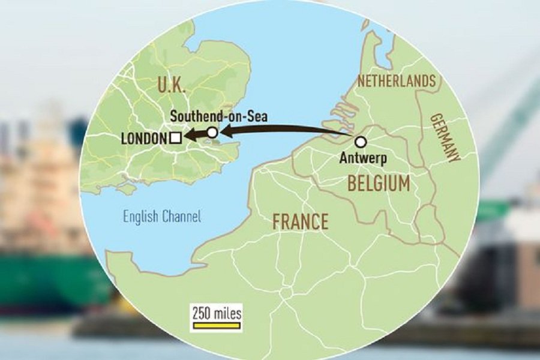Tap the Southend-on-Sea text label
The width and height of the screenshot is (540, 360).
[218, 115]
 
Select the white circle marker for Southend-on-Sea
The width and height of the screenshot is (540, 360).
[212, 133]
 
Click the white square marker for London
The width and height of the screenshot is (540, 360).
[175, 139]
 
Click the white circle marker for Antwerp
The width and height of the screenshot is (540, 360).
[361, 142]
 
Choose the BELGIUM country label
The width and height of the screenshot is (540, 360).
[379, 184]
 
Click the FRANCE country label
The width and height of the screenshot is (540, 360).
[300, 222]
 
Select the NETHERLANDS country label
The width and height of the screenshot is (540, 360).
[396, 82]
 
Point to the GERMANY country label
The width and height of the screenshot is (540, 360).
[445, 137]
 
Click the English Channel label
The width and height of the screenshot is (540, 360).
[162, 216]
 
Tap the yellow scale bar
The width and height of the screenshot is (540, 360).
[215, 326]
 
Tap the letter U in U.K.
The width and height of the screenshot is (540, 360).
[161, 86]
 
